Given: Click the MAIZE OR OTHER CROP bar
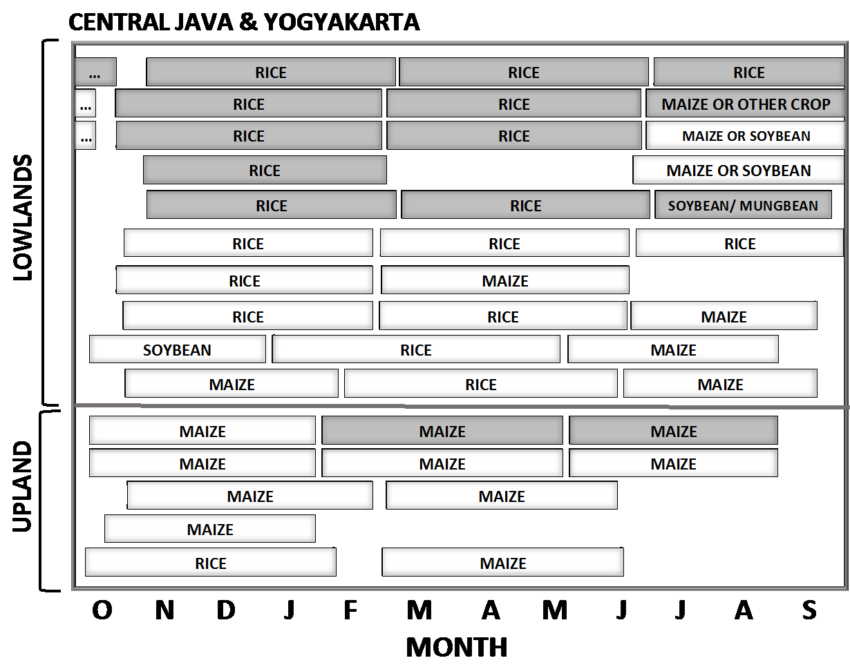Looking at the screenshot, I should [x=746, y=104].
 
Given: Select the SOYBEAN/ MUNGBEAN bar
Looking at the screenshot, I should [x=743, y=206].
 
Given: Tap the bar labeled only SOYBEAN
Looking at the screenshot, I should [x=177, y=350].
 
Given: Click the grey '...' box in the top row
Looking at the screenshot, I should [x=95, y=72].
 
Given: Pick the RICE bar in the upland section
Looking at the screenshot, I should [x=210, y=563].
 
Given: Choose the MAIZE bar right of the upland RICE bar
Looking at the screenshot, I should [x=502, y=563].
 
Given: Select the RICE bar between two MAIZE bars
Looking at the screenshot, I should [x=480, y=385].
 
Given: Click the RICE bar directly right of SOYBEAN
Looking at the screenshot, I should [x=415, y=350].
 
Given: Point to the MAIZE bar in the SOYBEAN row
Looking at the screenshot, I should [x=673, y=350].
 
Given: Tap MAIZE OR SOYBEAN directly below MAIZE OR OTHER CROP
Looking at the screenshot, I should [x=746, y=136].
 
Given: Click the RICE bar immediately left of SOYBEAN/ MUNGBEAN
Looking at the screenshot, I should [x=525, y=206].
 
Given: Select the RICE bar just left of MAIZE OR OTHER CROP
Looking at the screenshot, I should [x=513, y=104].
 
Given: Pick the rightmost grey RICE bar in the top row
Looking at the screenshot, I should [x=748, y=72].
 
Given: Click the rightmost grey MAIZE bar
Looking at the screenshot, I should [x=673, y=432].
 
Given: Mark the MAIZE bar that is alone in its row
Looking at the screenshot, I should [x=209, y=530].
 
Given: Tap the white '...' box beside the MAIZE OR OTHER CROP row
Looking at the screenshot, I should [x=85, y=105].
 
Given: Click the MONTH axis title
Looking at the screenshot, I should [x=457, y=648].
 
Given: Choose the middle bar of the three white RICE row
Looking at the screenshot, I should [x=504, y=244].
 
